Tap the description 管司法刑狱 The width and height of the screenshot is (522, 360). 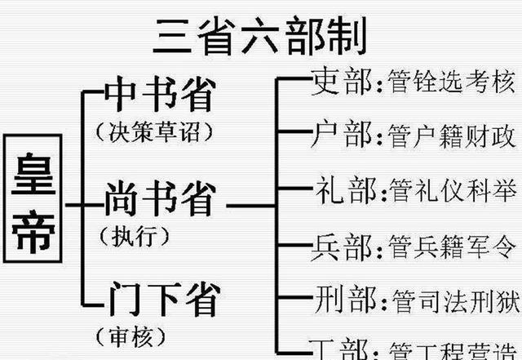453,299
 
